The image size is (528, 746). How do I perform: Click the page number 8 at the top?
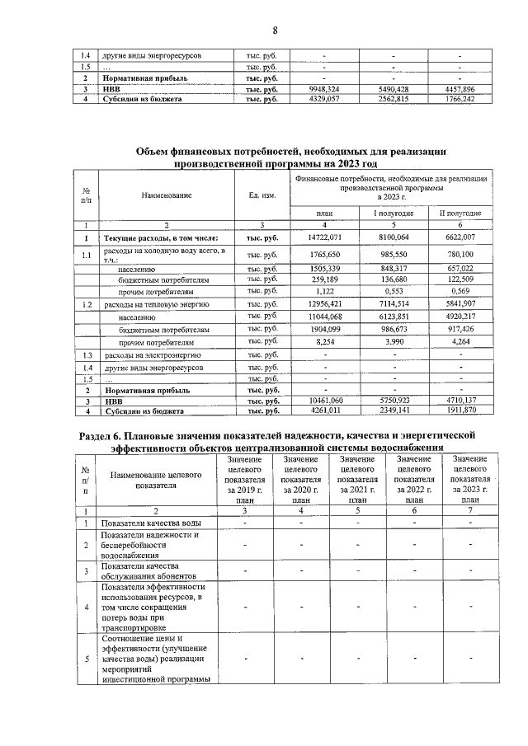coord(276,31)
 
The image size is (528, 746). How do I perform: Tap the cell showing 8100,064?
coord(394,237)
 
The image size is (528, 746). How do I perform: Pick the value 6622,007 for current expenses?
coord(460,237)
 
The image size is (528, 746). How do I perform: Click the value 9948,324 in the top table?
coord(324,88)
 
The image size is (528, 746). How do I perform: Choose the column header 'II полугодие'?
coord(460,213)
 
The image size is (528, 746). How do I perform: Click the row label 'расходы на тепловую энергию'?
coord(148,304)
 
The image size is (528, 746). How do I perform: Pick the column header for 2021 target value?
coord(357,479)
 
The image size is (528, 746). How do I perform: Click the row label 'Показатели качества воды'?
coord(151,523)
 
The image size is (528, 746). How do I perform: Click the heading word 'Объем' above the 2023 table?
coord(157,151)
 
